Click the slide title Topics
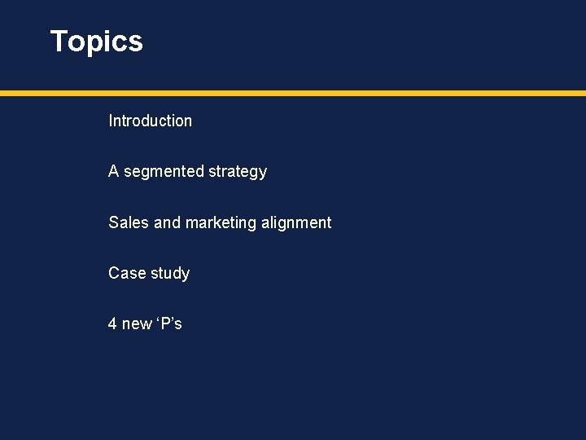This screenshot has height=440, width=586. point(96,42)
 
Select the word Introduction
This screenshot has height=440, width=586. point(150,121)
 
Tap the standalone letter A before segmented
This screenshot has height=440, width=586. point(113,171)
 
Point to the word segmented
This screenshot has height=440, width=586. point(164,172)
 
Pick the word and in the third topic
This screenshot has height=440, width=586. point(167,222)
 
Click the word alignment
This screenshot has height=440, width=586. point(296,223)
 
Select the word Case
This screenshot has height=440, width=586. point(126,273)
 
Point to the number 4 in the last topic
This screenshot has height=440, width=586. point(112,323)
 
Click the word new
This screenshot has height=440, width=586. point(136,324)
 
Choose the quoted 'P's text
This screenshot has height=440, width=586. point(169,323)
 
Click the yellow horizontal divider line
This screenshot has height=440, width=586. point(293,94)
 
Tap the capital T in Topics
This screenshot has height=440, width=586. point(59,42)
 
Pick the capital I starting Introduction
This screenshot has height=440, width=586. point(110,121)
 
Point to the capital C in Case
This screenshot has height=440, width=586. point(114,273)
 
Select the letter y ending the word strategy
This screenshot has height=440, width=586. point(263,173)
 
